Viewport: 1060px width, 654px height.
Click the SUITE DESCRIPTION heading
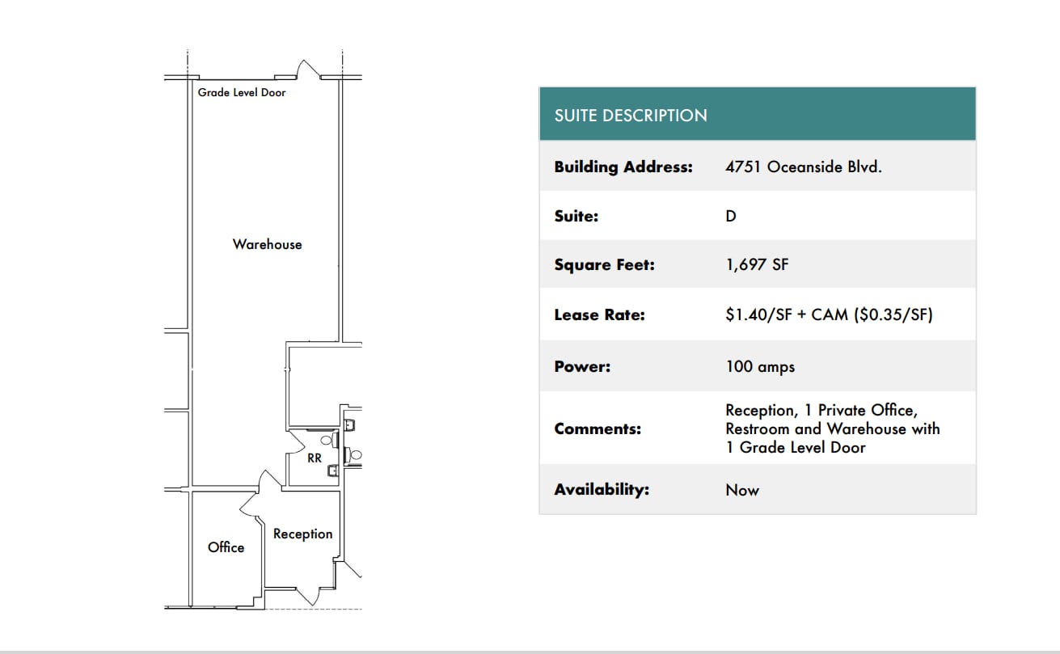(631, 116)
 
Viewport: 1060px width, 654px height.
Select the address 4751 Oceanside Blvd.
(803, 167)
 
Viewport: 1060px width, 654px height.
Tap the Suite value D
(731, 216)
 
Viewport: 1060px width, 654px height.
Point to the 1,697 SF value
(757, 264)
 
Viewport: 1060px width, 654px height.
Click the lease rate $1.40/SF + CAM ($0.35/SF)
(829, 314)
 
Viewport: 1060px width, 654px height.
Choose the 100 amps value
(760, 366)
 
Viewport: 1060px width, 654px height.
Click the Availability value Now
(742, 490)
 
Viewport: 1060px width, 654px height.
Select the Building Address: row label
(623, 167)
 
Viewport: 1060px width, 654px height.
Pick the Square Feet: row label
(604, 264)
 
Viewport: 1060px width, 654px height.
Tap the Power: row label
(582, 366)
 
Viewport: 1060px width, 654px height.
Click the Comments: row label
(598, 428)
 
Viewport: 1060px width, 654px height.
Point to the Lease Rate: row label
(599, 314)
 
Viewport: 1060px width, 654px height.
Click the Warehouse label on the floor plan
(267, 244)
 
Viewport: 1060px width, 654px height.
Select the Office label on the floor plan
(226, 547)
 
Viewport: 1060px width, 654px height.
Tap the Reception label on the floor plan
(302, 534)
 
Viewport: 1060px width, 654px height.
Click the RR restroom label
(315, 458)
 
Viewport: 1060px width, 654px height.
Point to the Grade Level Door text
(242, 92)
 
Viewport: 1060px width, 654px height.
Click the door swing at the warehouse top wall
(306, 70)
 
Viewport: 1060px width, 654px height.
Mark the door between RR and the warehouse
(296, 442)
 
